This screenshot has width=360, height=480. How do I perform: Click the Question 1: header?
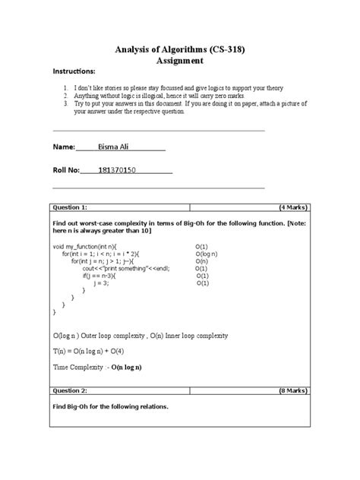tap(70, 207)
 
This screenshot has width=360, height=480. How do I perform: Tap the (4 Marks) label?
tap(292, 207)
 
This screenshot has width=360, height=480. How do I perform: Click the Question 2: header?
tap(70, 387)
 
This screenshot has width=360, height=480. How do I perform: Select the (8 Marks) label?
tap(292, 387)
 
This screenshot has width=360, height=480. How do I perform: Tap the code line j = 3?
tap(101, 283)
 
